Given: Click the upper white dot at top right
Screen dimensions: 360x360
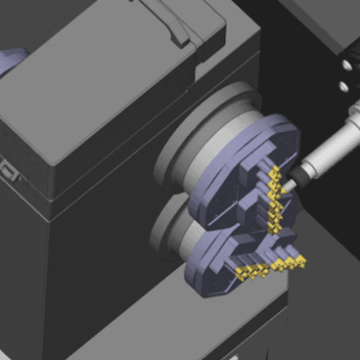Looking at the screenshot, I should click(x=343, y=63).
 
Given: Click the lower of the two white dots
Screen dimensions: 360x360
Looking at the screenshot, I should click(x=343, y=86).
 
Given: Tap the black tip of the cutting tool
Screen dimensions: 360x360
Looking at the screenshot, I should click(x=290, y=184).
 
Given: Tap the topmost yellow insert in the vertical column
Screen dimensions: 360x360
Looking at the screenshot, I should click(x=274, y=171).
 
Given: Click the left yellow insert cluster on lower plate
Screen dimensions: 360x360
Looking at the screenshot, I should click(x=250, y=270).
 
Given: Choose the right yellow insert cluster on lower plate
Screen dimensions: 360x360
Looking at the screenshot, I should click(x=290, y=263).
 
